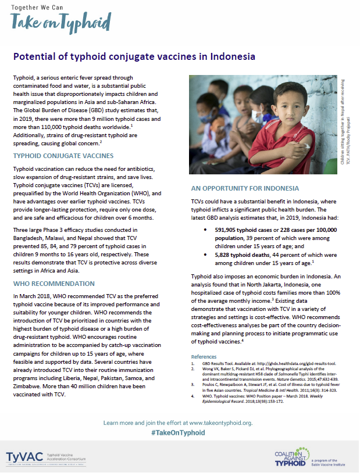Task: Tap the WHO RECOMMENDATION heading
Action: tap(54, 284)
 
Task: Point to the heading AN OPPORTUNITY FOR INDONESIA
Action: tap(245, 188)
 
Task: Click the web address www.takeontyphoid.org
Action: tap(215, 422)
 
